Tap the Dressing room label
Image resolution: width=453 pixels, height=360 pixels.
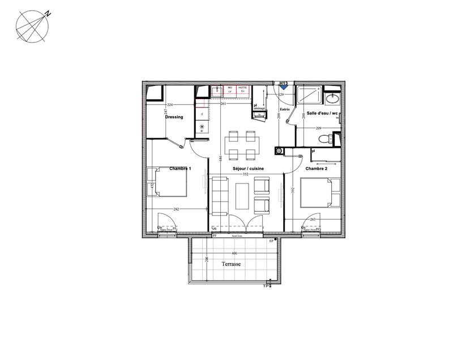click(174, 117)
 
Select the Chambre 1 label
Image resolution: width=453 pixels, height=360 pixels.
click(181, 169)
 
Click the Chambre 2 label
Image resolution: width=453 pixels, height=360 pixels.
click(316, 169)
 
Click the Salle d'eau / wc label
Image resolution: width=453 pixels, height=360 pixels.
click(322, 113)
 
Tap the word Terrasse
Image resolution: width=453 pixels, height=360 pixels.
click(232, 264)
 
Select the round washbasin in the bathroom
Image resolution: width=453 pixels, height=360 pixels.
click(333, 98)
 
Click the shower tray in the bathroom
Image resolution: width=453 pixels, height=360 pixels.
click(310, 96)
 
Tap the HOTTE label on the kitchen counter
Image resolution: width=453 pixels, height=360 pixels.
click(242, 88)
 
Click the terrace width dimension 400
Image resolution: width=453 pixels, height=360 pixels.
click(234, 253)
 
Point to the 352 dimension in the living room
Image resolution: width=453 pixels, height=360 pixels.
click(246, 174)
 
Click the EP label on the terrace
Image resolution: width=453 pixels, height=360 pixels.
click(271, 241)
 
